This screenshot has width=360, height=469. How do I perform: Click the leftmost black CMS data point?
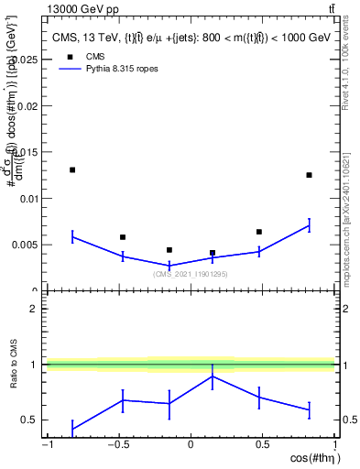coord(72,169)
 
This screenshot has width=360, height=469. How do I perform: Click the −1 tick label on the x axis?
coord(47,445)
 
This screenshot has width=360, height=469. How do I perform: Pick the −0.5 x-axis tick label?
coord(117,445)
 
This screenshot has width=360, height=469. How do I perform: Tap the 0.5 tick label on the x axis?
coord(262,445)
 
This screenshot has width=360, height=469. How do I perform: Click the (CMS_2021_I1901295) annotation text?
coord(191,273)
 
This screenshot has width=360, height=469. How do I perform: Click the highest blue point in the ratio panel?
coord(213,376)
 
